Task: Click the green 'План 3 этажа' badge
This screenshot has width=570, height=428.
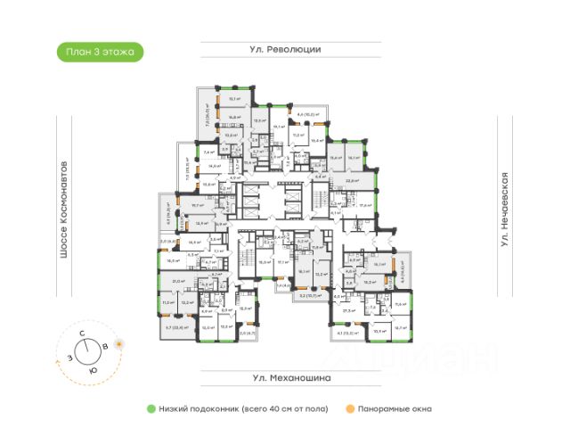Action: pos(100,53)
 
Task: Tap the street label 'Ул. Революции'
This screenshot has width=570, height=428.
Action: pos(285,50)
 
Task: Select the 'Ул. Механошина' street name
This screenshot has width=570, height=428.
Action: pos(285,378)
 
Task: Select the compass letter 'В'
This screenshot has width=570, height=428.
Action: pos(106,344)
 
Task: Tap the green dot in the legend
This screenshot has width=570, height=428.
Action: pos(152,408)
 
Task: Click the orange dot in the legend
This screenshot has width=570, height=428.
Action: pos(352,408)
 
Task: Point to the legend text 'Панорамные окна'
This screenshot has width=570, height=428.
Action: pos(395,408)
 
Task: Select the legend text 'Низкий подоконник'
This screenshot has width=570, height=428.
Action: pos(198,408)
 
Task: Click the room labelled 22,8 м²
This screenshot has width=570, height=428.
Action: pos(352,180)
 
